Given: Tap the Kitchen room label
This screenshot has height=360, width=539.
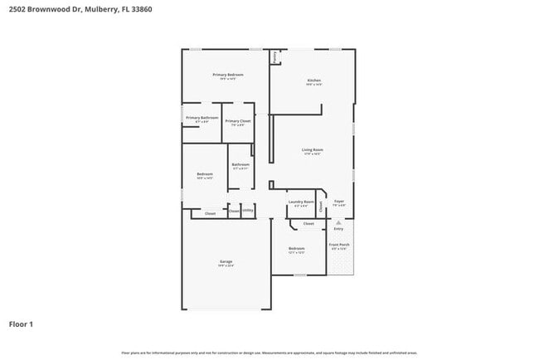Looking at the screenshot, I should [313, 80].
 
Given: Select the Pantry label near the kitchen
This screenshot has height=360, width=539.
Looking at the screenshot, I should [274, 57].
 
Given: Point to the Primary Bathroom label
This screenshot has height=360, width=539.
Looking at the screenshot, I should [202, 118].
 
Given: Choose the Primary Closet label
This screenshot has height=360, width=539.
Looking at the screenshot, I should [238, 121].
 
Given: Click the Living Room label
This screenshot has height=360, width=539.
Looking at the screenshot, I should [313, 150].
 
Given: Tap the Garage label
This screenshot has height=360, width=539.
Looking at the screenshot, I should [226, 261].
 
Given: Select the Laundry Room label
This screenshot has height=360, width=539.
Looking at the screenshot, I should [301, 202].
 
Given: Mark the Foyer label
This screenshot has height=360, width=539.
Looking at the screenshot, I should [338, 201].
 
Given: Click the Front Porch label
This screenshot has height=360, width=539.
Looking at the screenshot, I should [338, 245].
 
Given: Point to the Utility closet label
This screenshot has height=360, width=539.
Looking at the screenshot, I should [248, 211].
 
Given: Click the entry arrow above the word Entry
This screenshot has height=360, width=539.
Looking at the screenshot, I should [338, 222].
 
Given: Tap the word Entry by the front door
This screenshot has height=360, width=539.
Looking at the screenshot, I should [338, 229].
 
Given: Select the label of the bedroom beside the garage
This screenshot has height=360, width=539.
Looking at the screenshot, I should [297, 248].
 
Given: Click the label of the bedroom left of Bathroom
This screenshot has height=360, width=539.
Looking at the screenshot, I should [205, 174].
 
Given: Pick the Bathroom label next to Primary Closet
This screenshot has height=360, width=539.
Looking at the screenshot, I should [240, 164].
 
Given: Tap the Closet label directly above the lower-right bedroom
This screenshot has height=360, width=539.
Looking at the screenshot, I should [308, 223].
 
